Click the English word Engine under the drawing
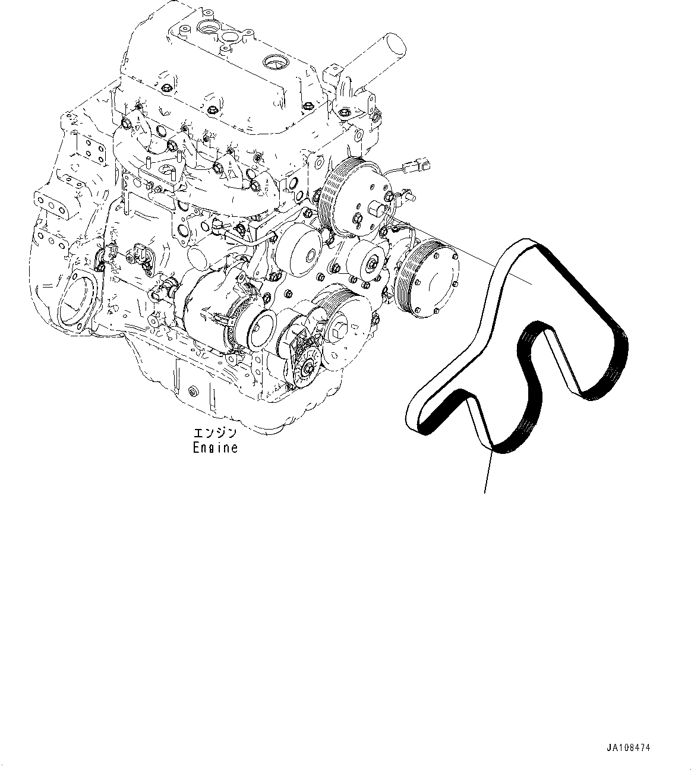[x=214, y=448]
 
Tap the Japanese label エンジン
[x=214, y=434]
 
